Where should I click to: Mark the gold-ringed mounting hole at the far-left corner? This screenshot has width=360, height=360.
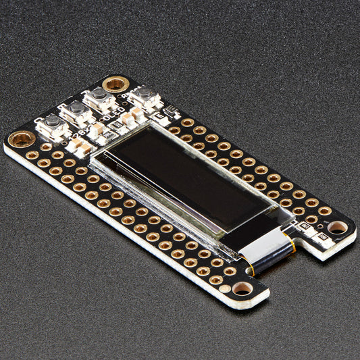(x=22, y=139)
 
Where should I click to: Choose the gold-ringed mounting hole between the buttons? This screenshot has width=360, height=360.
(x=115, y=84)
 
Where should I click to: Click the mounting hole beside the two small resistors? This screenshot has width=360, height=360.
(x=336, y=227)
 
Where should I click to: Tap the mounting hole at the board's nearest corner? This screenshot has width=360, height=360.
(x=242, y=288)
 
